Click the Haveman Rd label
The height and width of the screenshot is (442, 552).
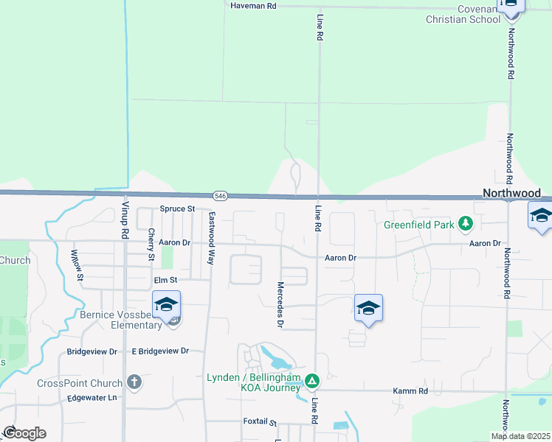pos(252,5)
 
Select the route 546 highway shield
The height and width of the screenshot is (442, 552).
pos(220,196)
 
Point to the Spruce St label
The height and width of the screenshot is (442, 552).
pos(176,208)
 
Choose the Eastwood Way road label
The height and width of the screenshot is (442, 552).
pos(211,228)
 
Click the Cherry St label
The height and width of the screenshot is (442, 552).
pos(151,245)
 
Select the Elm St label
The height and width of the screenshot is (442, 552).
pos(165,280)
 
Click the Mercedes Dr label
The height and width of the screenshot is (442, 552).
pos(280,304)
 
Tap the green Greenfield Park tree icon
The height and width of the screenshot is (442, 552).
pos(465,222)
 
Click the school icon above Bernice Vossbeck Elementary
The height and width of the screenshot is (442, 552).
pos(166,304)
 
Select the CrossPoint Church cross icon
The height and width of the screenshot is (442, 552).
pos(134,382)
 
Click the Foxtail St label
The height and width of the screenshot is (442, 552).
pos(260,422)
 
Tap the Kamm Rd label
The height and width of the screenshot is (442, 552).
pos(413,390)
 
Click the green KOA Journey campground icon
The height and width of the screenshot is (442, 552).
pos(312,381)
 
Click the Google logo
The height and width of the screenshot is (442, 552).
pos(24,433)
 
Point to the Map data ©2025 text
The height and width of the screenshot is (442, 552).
pos(520,436)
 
